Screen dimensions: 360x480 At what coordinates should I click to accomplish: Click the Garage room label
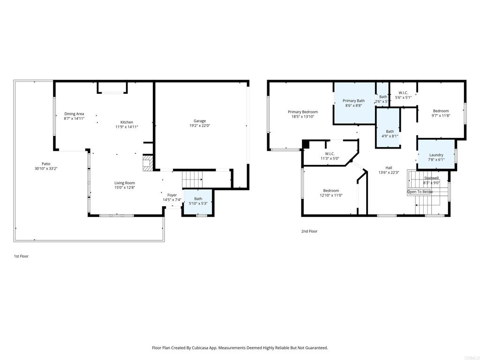(200, 121)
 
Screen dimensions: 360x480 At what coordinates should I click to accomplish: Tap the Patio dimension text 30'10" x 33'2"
(46, 168)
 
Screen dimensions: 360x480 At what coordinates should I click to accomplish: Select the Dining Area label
(74, 114)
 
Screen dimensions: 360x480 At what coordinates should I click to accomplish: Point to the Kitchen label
(127, 122)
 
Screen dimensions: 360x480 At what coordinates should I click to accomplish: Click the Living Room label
(125, 183)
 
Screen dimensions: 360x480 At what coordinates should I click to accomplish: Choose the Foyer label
(172, 195)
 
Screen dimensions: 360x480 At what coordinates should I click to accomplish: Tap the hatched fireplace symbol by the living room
(148, 163)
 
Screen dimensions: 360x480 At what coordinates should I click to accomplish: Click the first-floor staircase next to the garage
(192, 179)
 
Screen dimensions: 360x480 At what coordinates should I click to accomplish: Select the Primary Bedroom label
(302, 112)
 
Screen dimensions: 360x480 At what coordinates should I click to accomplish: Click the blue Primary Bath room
(354, 103)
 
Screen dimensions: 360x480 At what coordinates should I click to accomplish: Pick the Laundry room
(436, 155)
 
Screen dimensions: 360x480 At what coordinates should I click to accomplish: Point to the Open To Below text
(420, 192)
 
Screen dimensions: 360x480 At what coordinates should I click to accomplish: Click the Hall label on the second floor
(389, 168)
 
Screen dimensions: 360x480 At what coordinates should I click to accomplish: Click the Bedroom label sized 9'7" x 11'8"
(441, 111)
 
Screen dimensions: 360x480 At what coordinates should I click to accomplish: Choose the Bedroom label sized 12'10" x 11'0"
(331, 190)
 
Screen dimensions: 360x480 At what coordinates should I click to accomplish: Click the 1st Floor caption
(21, 256)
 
